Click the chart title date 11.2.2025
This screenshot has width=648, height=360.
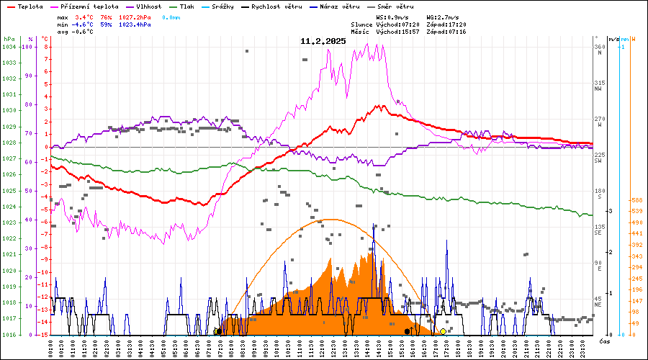[x=323, y=41]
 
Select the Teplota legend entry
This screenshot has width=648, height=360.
[x=30, y=6]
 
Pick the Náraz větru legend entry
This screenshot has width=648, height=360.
[x=342, y=6]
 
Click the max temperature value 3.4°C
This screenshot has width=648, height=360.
[x=84, y=17]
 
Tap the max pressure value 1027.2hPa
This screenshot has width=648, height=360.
[x=133, y=17]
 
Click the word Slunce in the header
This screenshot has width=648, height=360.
[x=362, y=24]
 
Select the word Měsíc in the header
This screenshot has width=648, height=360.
[x=362, y=32]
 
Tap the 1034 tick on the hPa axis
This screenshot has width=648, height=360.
[x=9, y=47]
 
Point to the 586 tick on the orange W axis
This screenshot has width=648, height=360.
[x=636, y=200]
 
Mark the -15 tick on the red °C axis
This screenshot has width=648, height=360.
[x=45, y=335]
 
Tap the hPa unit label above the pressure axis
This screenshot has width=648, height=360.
[x=9, y=39]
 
